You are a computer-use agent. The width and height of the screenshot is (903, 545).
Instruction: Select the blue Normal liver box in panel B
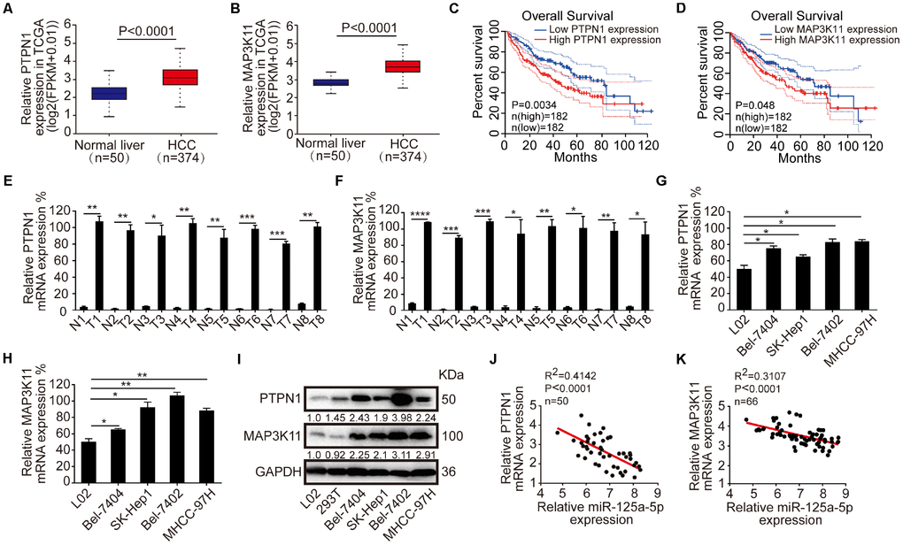click(350, 82)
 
